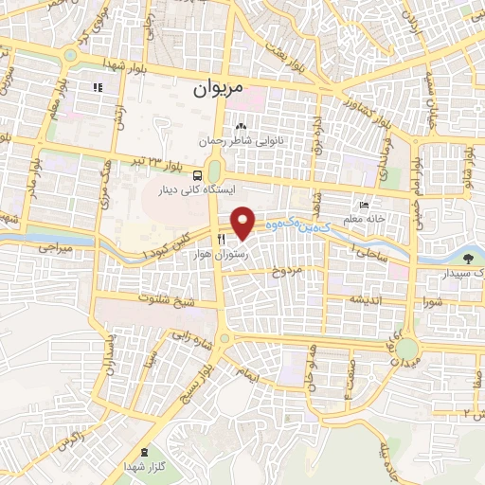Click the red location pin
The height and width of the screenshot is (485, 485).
tap(243, 224)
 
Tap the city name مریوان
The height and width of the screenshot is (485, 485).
tap(219, 89)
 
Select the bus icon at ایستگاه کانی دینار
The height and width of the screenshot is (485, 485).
tap(197, 175)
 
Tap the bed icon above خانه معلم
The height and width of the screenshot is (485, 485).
tap(363, 205)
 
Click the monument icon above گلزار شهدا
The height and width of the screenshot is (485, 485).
tap(144, 452)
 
